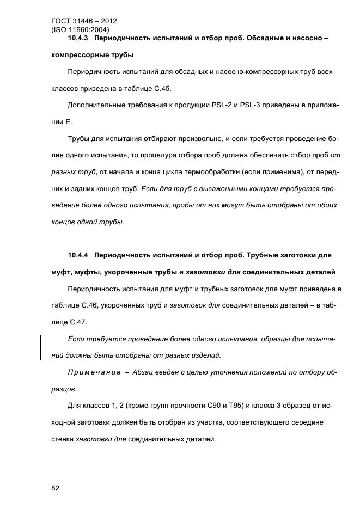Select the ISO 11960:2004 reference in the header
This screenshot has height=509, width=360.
pyautogui.click(x=80, y=30)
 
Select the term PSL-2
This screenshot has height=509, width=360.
pyautogui.click(x=221, y=106)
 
